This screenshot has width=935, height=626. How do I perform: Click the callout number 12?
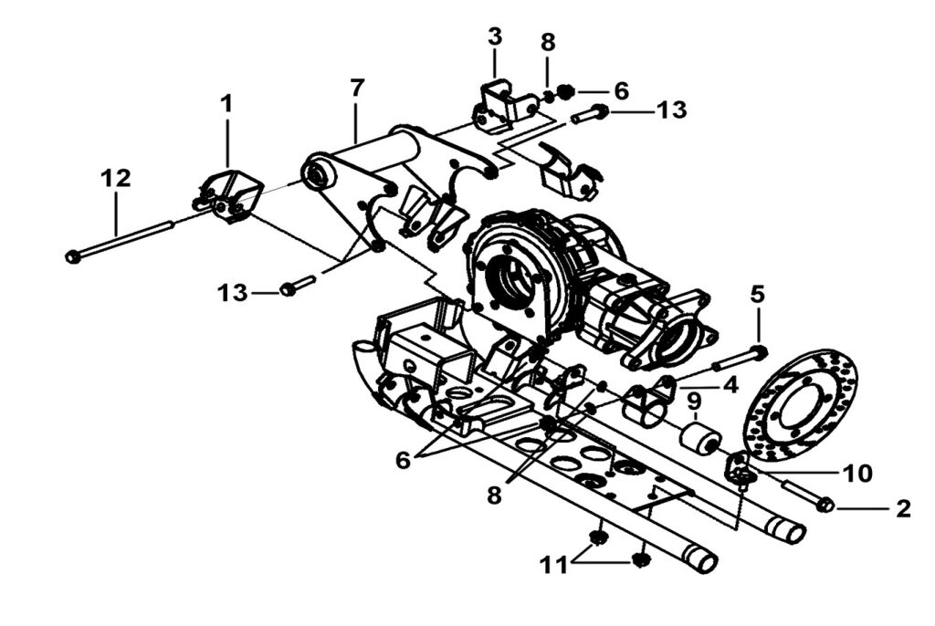coord(116,178)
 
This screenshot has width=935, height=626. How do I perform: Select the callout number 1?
coord(226,104)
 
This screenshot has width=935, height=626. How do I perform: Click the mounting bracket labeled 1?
coord(227,196)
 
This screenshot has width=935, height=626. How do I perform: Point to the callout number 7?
coord(356,89)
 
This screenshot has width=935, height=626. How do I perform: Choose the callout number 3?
coord(495,37)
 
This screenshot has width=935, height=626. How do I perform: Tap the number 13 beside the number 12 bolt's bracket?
coord(232,293)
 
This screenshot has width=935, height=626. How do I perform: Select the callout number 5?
coord(757,294)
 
